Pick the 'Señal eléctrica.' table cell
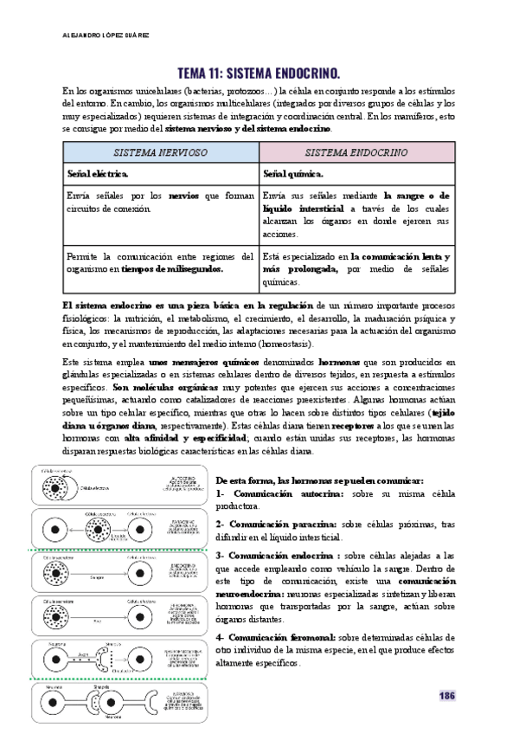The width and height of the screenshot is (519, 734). (x=98, y=174)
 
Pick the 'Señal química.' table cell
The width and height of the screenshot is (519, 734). (x=295, y=174)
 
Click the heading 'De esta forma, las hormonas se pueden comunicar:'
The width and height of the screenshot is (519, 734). (x=320, y=480)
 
